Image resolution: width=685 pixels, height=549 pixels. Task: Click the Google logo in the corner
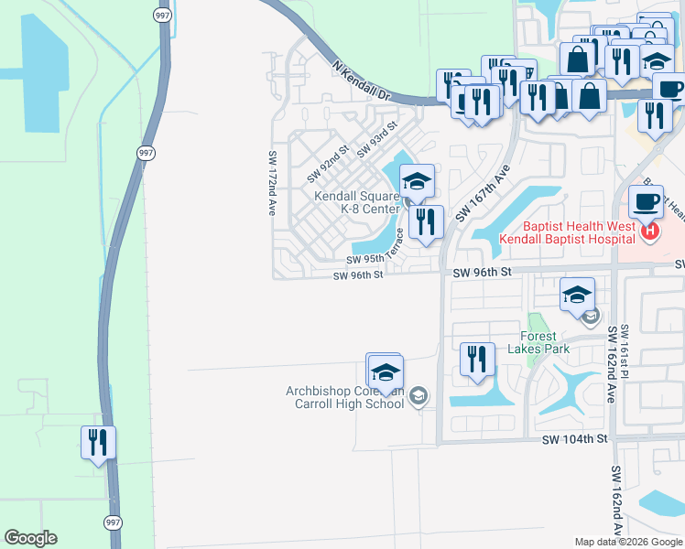pyautogui.click(x=30, y=538)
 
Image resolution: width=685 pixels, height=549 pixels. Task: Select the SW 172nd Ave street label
pyautogui.click(x=272, y=183)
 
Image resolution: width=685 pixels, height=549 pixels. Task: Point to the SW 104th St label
pyautogui.click(x=575, y=439)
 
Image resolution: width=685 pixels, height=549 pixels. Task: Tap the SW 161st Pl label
pyautogui.click(x=625, y=348)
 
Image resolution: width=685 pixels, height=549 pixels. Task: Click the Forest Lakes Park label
pyautogui.click(x=545, y=342)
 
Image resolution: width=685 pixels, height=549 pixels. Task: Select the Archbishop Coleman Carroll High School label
pyautogui.click(x=344, y=397)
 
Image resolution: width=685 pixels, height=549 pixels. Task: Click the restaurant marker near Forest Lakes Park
pyautogui.click(x=475, y=359)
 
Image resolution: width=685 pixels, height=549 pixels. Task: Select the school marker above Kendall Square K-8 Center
pyautogui.click(x=417, y=181)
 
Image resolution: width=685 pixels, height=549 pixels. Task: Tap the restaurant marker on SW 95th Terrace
pyautogui.click(x=426, y=221)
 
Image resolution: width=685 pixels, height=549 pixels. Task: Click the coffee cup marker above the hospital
pyautogui.click(x=646, y=201)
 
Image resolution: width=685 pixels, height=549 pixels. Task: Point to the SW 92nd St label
pyautogui.click(x=328, y=162)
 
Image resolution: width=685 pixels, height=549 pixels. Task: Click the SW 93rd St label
pyautogui.click(x=376, y=139)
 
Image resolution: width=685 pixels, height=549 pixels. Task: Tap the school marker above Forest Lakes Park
pyautogui.click(x=578, y=295)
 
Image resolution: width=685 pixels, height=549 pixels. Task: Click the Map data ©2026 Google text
pyautogui.click(x=627, y=542)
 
